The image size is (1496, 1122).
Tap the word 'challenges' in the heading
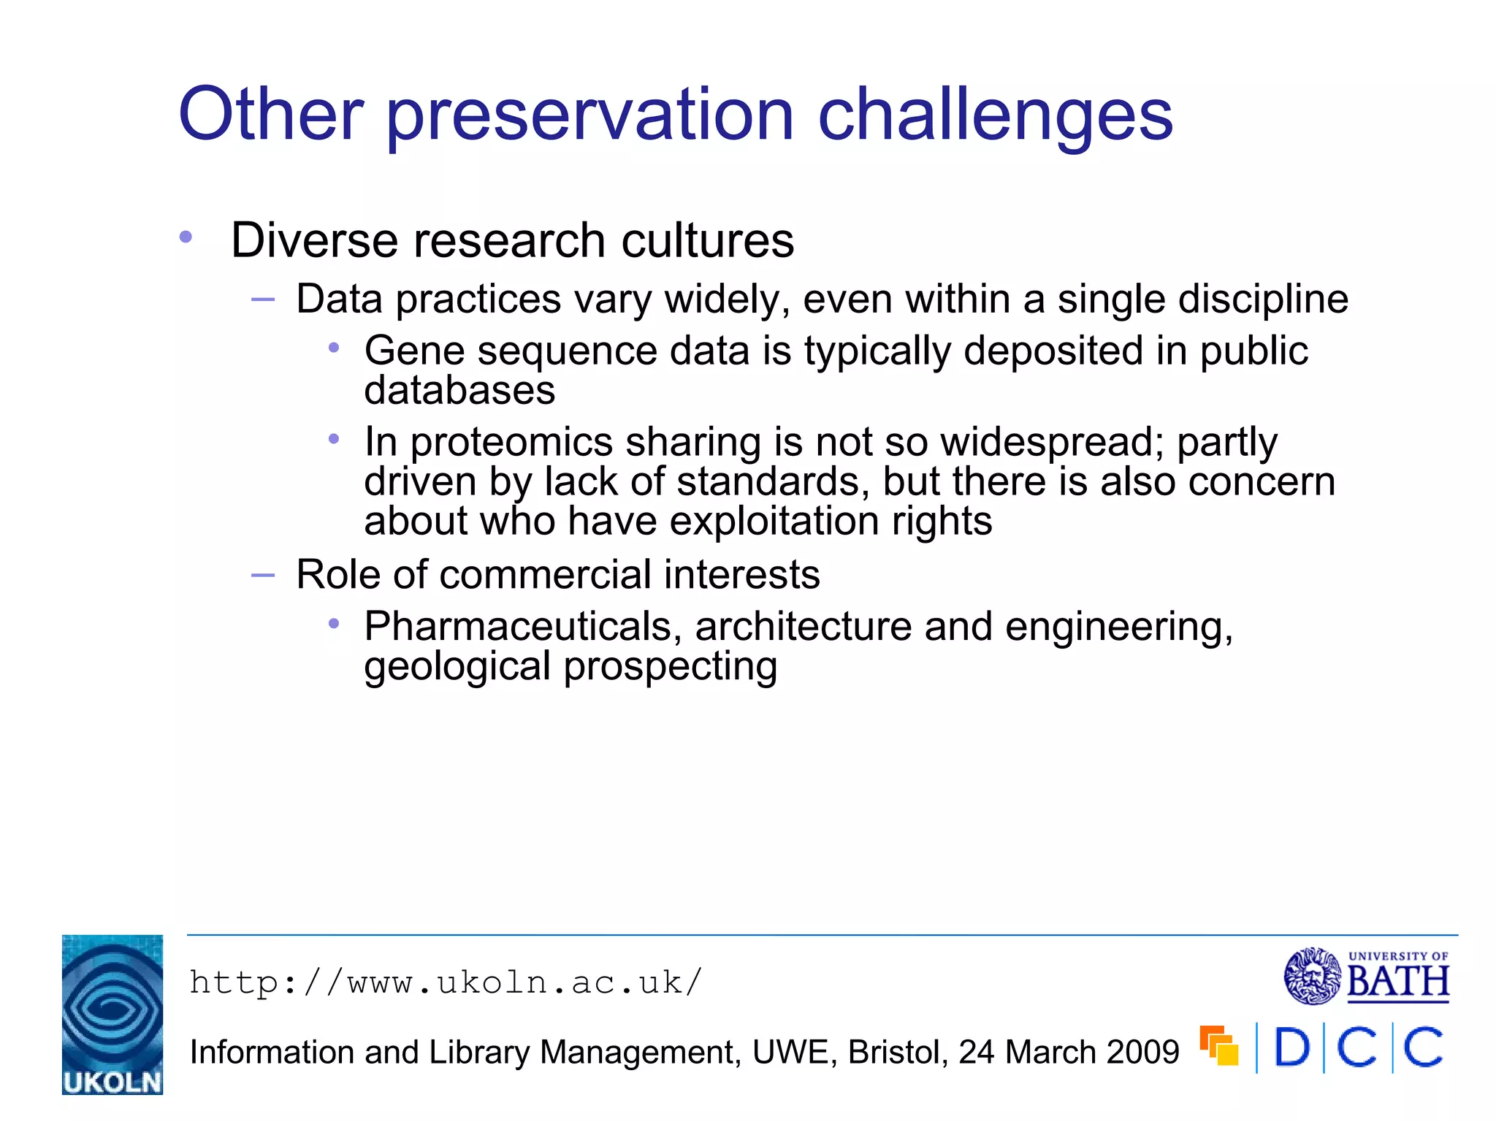point(994,115)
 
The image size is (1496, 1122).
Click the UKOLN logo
point(112,1014)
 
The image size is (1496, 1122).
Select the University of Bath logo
point(1367,976)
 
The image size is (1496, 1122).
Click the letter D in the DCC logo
point(1291,1047)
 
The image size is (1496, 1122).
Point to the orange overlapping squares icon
point(1219,1046)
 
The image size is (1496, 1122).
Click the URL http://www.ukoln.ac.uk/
point(446,982)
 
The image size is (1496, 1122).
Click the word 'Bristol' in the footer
point(898,1053)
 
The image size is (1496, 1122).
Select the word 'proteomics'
point(511,443)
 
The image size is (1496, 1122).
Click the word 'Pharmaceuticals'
point(522,627)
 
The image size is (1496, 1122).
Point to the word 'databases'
point(459,390)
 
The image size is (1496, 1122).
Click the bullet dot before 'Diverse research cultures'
point(186,237)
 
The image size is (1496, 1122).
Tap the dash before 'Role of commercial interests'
point(262,576)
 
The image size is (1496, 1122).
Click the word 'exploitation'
point(774,522)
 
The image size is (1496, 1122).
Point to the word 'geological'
point(457,666)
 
